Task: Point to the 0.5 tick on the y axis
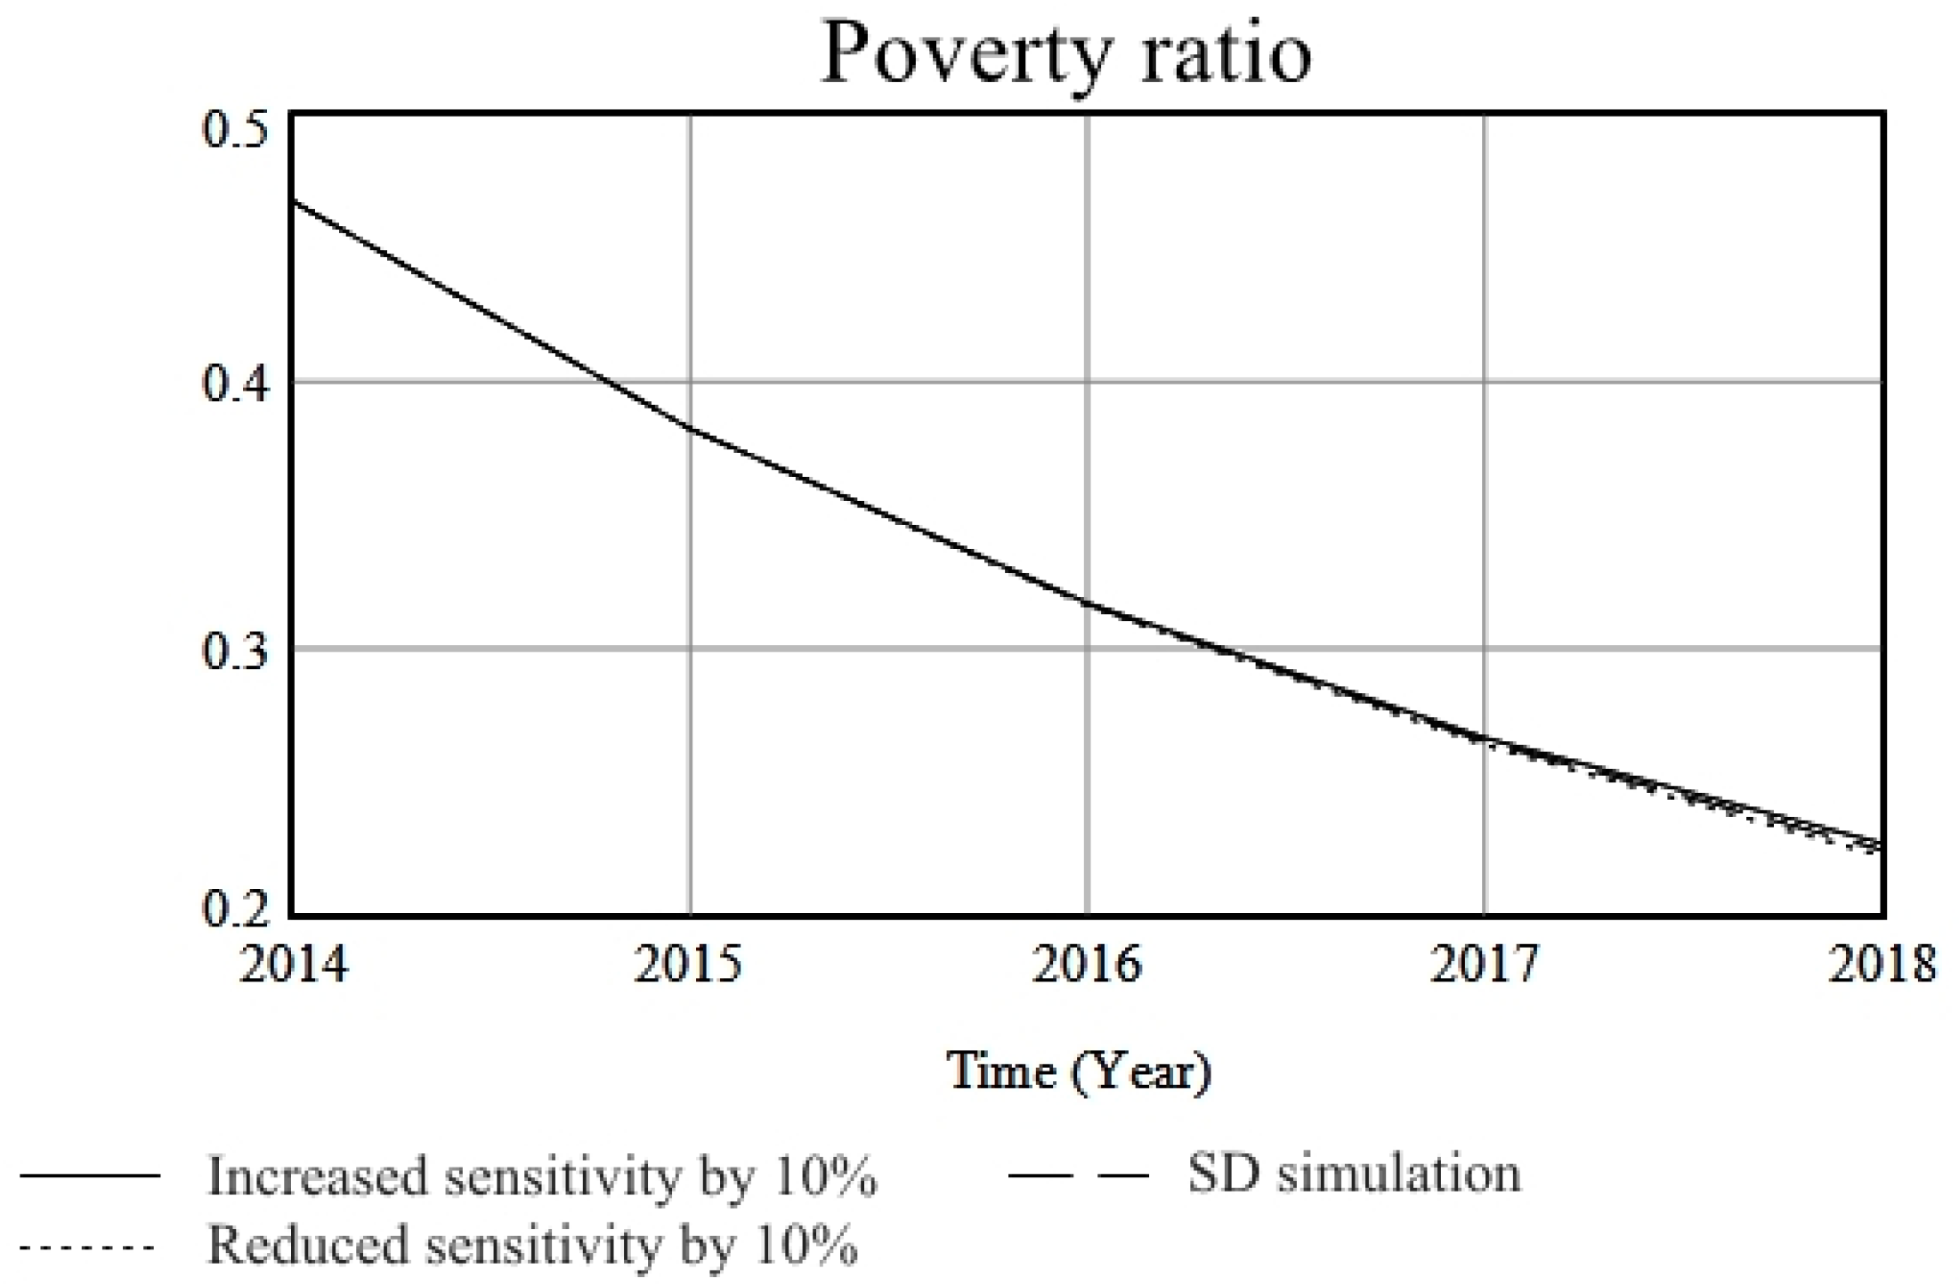tap(235, 131)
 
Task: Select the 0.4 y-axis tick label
tap(235, 384)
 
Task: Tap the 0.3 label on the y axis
tap(235, 651)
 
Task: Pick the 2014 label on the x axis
tap(294, 964)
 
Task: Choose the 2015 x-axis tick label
tap(688, 964)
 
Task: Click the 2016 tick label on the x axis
tap(1086, 964)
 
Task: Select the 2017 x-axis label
tap(1484, 964)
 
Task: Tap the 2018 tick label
tap(1882, 964)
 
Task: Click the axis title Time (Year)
tap(1079, 1071)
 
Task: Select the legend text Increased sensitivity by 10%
tap(542, 1176)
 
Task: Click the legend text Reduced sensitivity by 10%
tap(532, 1244)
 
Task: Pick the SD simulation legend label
tap(1354, 1174)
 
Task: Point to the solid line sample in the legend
tap(90, 1176)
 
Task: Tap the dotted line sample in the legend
tap(88, 1247)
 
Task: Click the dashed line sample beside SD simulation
tap(1078, 1176)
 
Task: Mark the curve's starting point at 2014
tap(295, 202)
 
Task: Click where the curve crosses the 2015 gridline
tap(690, 429)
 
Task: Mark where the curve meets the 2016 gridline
tap(1087, 603)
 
